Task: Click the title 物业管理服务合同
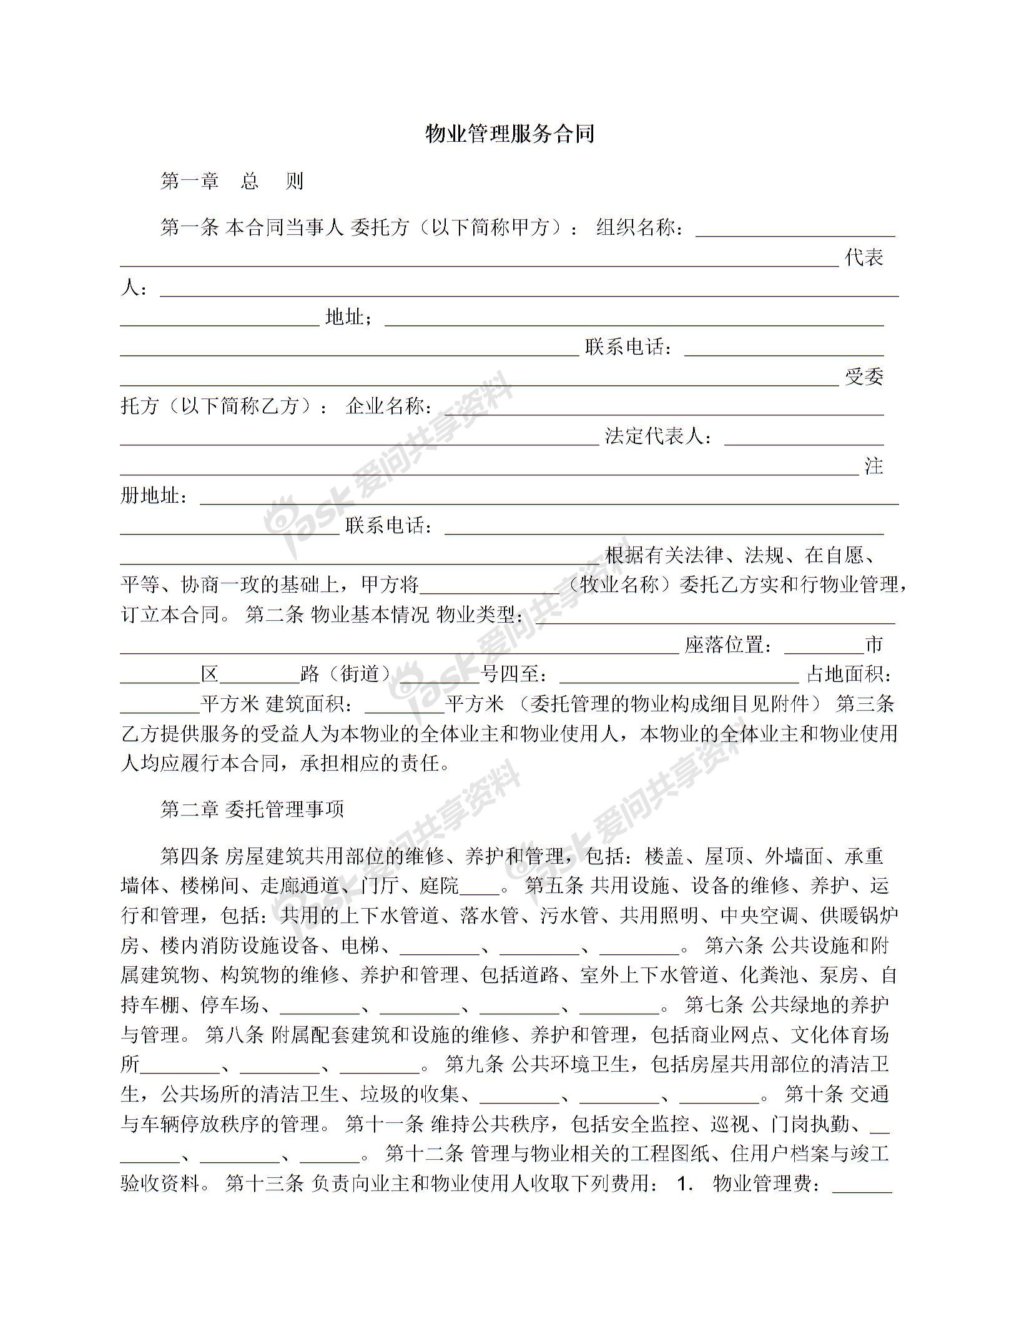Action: click(509, 134)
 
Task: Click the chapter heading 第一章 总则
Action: click(232, 181)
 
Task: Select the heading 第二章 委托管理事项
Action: click(252, 809)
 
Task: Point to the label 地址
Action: click(345, 318)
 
